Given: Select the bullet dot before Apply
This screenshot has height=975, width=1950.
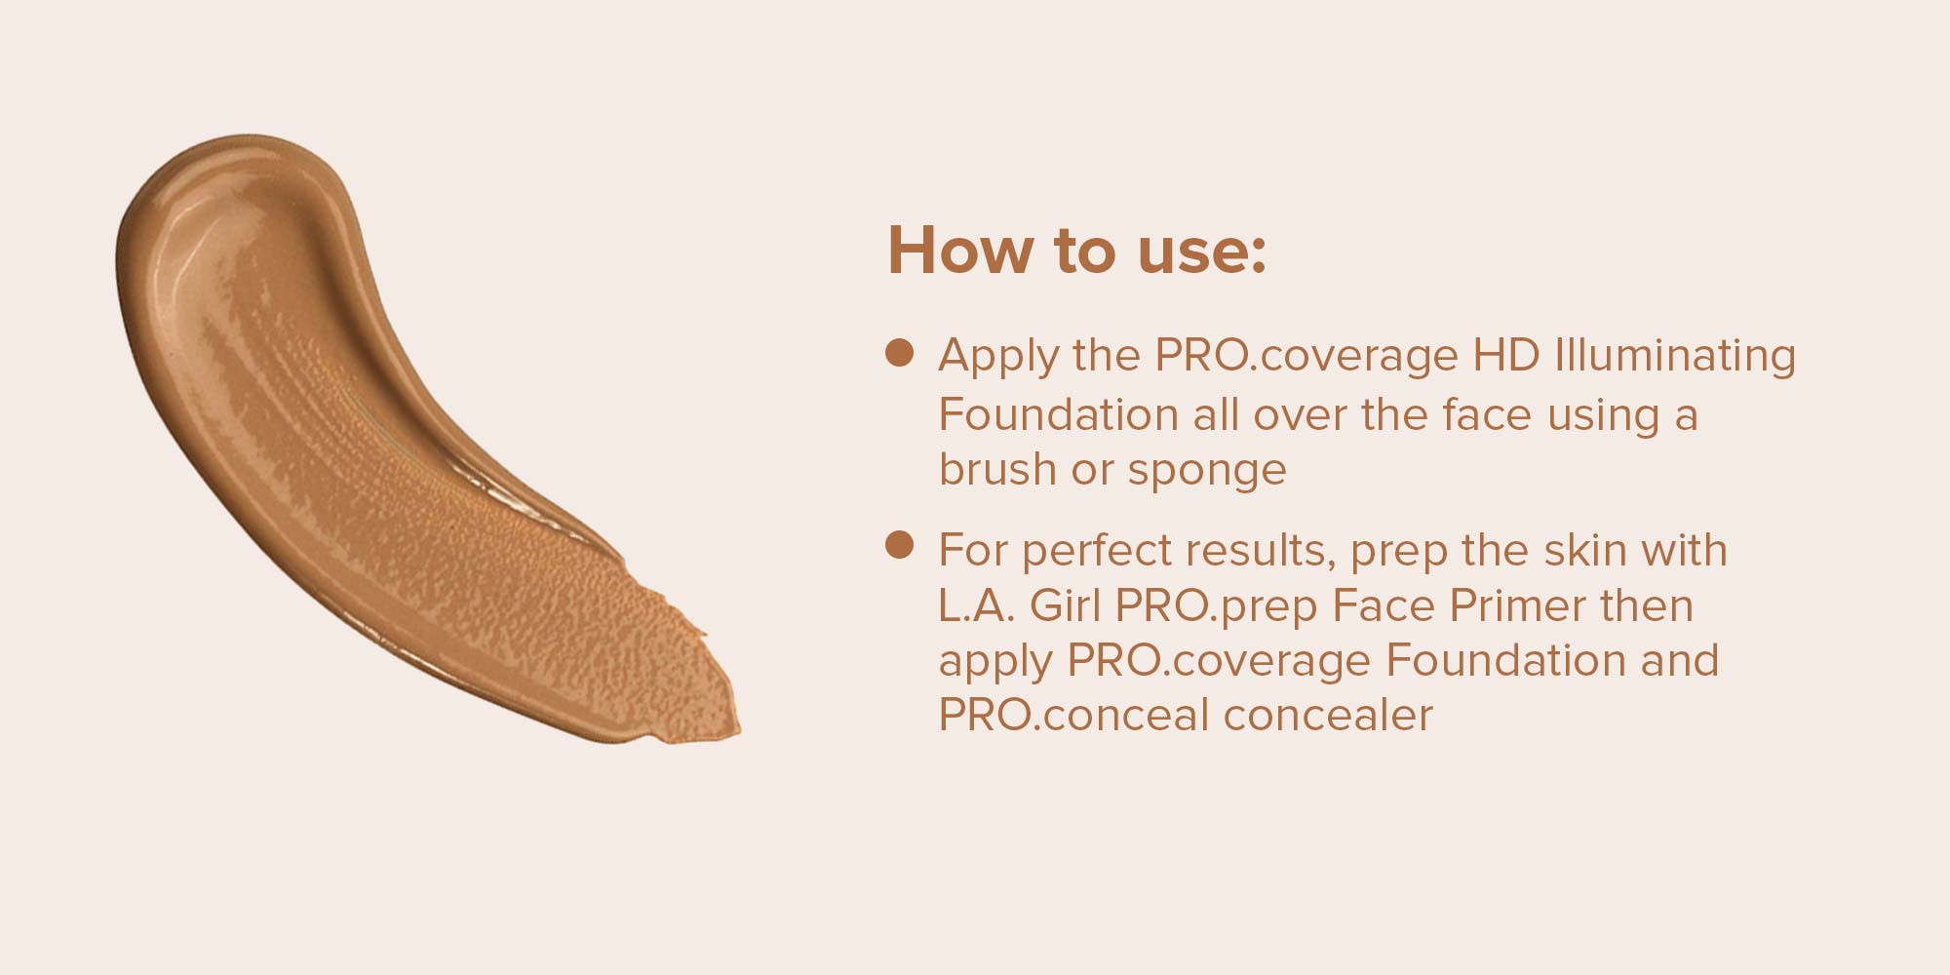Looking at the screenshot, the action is tap(898, 353).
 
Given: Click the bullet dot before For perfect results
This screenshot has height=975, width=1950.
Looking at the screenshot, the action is tap(898, 546).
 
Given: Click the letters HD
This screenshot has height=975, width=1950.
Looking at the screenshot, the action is tap(1505, 355).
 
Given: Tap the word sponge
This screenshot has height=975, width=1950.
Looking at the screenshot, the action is tap(1207, 473).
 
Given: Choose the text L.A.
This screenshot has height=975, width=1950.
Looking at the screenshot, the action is tap(978, 606).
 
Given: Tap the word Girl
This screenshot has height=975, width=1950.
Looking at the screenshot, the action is tap(1066, 606).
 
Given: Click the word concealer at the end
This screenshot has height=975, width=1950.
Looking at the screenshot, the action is tap(1329, 716).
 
